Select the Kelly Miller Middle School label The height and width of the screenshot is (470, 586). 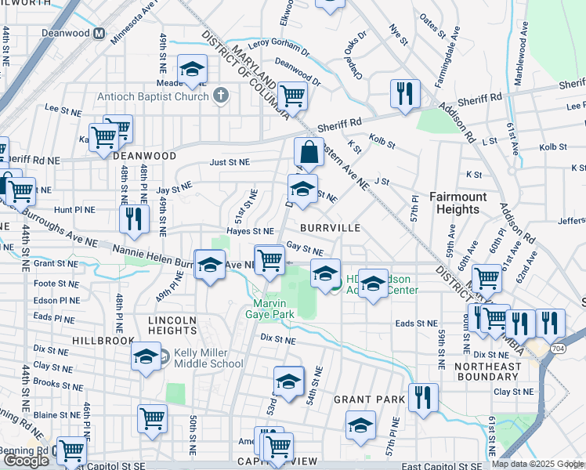[x=208, y=358]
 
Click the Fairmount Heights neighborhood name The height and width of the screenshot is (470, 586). [x=458, y=203]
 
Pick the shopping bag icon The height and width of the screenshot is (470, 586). [x=309, y=153]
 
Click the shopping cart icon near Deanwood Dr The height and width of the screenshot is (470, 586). [x=292, y=96]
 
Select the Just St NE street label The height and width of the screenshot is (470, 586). [x=229, y=162]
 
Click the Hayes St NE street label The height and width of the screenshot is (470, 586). [x=250, y=231]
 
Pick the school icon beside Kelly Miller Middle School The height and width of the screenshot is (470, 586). [x=146, y=357]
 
